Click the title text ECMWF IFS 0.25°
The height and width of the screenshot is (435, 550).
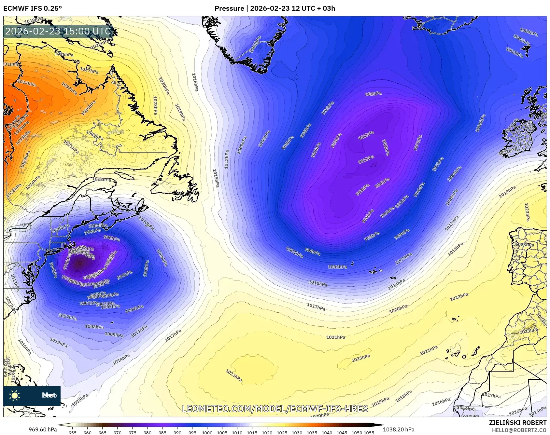pyautogui.click(x=33, y=8)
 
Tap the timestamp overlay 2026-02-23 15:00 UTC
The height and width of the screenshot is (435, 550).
pyautogui.click(x=58, y=31)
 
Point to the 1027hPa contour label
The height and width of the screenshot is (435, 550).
pyautogui.click(x=89, y=70)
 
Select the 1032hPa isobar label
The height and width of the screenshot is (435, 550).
pyautogui.click(x=69, y=89)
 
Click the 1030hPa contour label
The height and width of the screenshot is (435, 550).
pyautogui.click(x=89, y=108)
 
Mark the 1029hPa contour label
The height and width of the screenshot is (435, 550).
pyautogui.click(x=25, y=159)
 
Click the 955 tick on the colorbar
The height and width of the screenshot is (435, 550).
pyautogui.click(x=73, y=433)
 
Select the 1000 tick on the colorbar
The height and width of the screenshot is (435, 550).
pyautogui.click(x=207, y=433)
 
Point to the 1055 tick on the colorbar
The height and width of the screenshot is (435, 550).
pyautogui.click(x=369, y=433)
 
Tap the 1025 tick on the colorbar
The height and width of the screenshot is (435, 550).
pyautogui.click(x=282, y=433)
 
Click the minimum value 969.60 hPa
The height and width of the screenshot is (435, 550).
pyautogui.click(x=43, y=429)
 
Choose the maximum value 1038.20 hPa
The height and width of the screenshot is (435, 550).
pyautogui.click(x=399, y=429)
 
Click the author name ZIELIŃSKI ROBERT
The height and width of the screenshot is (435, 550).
pyautogui.click(x=517, y=423)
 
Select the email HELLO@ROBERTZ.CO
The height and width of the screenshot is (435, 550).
pyautogui.click(x=519, y=430)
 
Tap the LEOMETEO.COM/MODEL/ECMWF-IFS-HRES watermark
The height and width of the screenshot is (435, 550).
pyautogui.click(x=275, y=409)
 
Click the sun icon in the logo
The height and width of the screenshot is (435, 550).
pyautogui.click(x=15, y=395)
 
